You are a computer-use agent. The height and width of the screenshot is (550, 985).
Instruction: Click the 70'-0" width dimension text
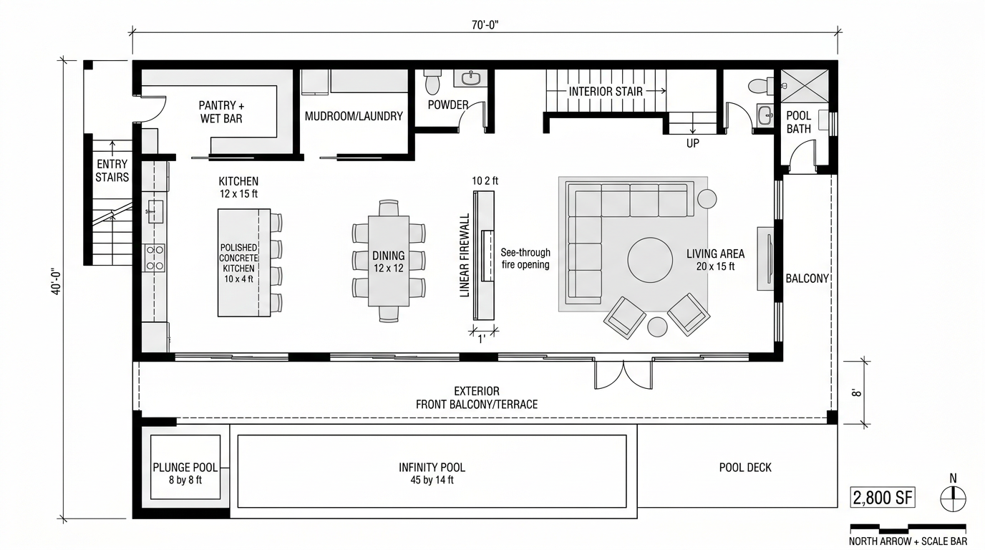tap(485, 25)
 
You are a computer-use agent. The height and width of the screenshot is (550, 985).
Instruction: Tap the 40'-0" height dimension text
tap(57, 281)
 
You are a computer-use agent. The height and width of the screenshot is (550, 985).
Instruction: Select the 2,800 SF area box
tap(883, 498)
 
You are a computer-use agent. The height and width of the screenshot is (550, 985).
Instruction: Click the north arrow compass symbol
tap(953, 499)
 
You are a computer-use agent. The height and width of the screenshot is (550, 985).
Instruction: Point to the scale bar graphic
tap(908, 528)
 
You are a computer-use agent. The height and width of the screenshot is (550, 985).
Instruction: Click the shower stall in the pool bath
tap(805, 86)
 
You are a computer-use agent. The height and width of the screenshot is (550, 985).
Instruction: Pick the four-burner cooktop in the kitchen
tap(155, 258)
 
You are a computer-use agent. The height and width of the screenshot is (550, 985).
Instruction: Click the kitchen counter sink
tap(155, 212)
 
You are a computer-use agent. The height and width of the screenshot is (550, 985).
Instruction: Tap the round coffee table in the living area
tap(650, 260)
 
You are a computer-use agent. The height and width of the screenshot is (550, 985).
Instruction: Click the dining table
tap(389, 261)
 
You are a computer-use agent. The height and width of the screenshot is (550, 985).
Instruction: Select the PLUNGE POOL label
tap(185, 467)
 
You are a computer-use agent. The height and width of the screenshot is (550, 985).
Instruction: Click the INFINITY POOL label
tap(432, 467)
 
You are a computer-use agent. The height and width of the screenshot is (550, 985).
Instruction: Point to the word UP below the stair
tap(693, 143)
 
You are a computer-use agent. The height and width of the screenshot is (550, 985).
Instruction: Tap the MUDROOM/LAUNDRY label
tap(354, 116)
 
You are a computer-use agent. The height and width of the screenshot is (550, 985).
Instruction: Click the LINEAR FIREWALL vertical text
tap(465, 256)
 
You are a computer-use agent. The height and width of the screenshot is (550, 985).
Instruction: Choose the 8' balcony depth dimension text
tap(855, 392)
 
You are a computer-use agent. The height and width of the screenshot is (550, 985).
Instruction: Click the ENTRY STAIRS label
tap(112, 170)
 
